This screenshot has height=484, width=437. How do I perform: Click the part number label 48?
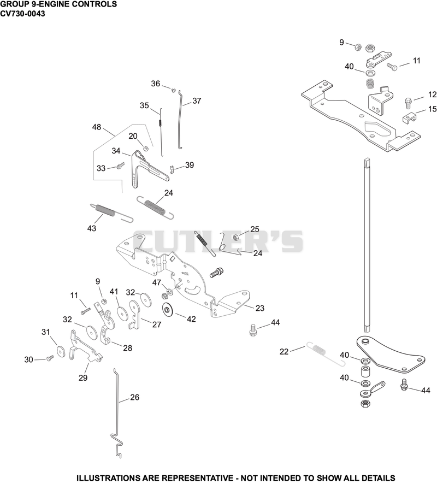pos(97,127)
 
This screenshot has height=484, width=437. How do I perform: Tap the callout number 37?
pos(197,101)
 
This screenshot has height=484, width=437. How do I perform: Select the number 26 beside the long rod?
pos(134,397)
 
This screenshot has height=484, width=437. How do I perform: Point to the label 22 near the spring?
pos(284,351)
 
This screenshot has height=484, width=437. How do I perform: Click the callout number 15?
pos(433,109)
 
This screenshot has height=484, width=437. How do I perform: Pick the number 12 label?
pos(433,95)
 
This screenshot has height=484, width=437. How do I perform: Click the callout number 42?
pos(191,319)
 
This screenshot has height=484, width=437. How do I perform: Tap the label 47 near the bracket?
pos(157,282)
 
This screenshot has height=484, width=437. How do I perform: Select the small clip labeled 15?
pos(410,119)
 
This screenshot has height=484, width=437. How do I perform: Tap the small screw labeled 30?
pos(50,358)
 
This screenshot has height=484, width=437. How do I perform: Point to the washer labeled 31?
pos(61,352)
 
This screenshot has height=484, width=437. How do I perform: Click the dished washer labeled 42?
pos(168,309)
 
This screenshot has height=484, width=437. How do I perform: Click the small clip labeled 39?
pos(173,169)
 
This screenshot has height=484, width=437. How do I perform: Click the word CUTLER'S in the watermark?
pos(218,241)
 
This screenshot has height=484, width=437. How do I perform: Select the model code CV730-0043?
pos(22,14)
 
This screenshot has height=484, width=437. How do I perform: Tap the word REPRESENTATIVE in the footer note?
pos(198,478)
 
